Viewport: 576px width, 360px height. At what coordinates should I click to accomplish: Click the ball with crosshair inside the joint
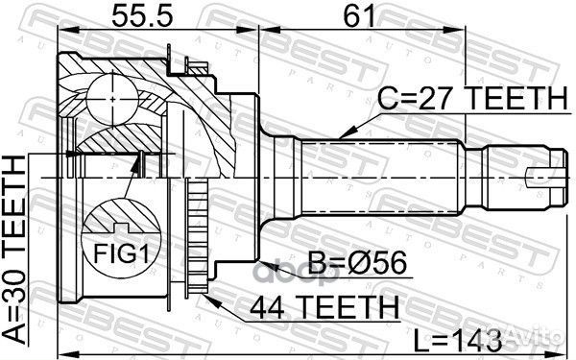click(113, 95)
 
